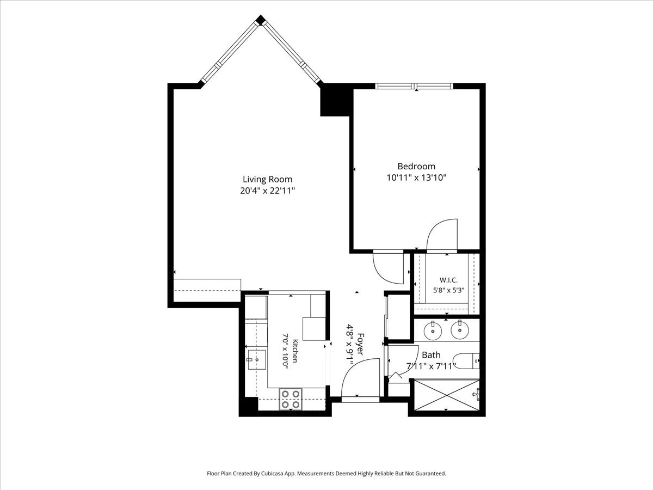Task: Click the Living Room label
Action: (267, 179)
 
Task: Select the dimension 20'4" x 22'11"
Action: (267, 191)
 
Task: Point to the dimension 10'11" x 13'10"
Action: (416, 177)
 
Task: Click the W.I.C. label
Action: (448, 280)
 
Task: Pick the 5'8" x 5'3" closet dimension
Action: (448, 290)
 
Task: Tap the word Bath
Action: (431, 355)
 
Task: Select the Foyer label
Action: (360, 344)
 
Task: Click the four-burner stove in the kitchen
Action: (291, 399)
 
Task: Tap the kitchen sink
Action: (257, 360)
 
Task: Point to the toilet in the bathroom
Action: (467, 360)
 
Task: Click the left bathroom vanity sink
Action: (433, 330)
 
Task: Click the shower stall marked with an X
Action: (447, 395)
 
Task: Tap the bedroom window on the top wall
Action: (414, 86)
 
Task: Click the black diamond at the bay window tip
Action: (261, 20)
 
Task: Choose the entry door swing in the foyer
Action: (361, 377)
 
